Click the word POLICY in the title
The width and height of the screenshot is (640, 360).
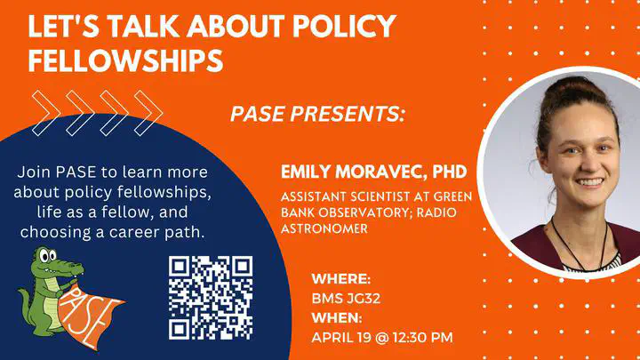[345, 26]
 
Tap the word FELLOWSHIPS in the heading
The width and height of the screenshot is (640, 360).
[125, 60]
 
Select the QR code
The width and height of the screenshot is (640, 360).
[211, 298]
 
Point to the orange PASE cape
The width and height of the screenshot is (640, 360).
[90, 316]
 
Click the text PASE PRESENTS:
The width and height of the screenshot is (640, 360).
[317, 114]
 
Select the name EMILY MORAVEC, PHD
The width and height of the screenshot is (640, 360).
[373, 172]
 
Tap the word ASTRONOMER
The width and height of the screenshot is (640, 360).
[324, 228]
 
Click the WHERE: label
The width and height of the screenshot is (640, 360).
[341, 279]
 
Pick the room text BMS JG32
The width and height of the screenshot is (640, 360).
[346, 299]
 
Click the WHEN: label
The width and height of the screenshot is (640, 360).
[337, 317]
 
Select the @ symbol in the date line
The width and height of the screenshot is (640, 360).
[381, 338]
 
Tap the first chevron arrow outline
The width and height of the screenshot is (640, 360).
[46, 113]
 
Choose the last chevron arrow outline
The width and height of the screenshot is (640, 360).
[148, 113]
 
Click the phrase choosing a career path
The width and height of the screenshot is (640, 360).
[112, 232]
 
